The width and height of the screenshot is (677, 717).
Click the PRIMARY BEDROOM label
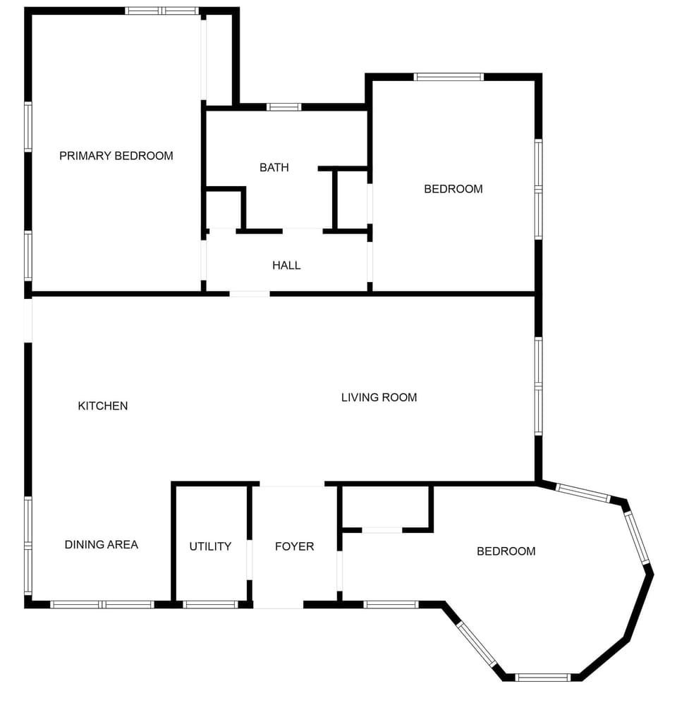116,156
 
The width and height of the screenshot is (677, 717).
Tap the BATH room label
274,168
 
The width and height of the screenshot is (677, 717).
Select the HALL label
286,265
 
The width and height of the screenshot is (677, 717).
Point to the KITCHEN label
102,405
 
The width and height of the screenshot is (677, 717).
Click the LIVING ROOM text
379,398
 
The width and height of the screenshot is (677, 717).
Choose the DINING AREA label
101,544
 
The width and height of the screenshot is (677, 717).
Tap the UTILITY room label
210,546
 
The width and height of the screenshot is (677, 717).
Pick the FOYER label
294,546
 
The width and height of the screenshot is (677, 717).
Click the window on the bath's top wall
283,107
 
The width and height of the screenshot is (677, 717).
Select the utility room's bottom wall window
210,604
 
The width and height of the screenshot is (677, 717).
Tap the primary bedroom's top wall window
161,11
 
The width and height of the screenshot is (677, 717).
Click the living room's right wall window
538,386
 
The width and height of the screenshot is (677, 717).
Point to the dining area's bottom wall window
102,604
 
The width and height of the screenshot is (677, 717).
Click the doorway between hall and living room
249,293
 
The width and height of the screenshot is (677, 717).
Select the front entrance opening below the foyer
278,605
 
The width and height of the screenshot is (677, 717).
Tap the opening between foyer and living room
292,484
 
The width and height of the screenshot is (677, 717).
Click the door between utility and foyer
249,560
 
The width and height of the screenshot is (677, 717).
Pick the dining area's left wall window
28,545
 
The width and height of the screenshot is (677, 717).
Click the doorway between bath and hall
303,230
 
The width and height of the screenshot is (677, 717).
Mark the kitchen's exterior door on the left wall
28,321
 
